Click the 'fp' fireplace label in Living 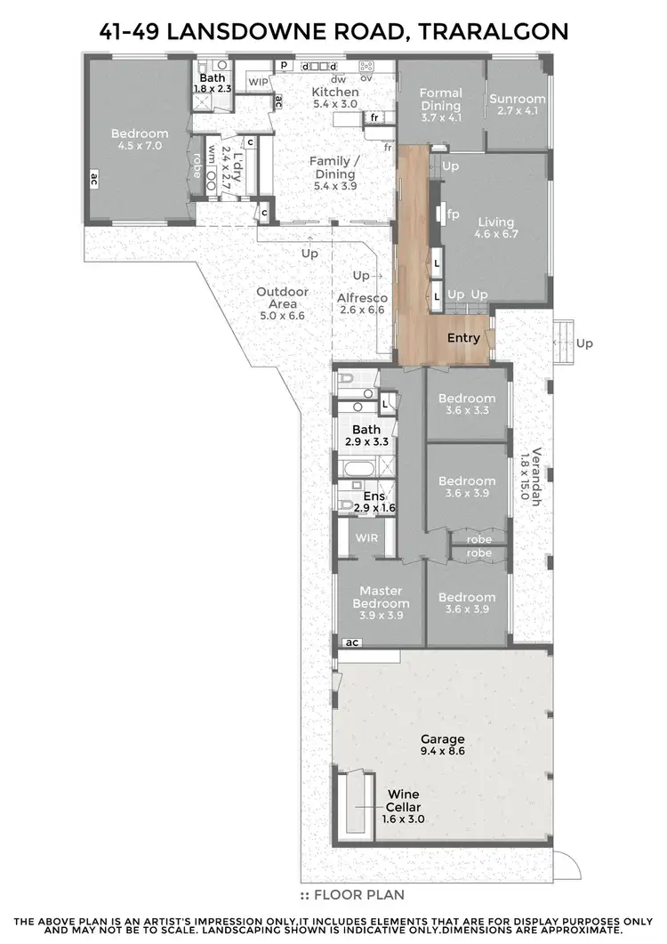tap(454, 214)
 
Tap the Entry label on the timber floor tap(463, 338)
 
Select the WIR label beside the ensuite tap(367, 538)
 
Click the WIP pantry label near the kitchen tap(258, 82)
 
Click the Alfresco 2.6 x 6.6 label tap(363, 303)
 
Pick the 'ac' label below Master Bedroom tap(351, 642)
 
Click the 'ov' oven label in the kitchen tap(366, 78)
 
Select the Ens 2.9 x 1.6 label tap(374, 502)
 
